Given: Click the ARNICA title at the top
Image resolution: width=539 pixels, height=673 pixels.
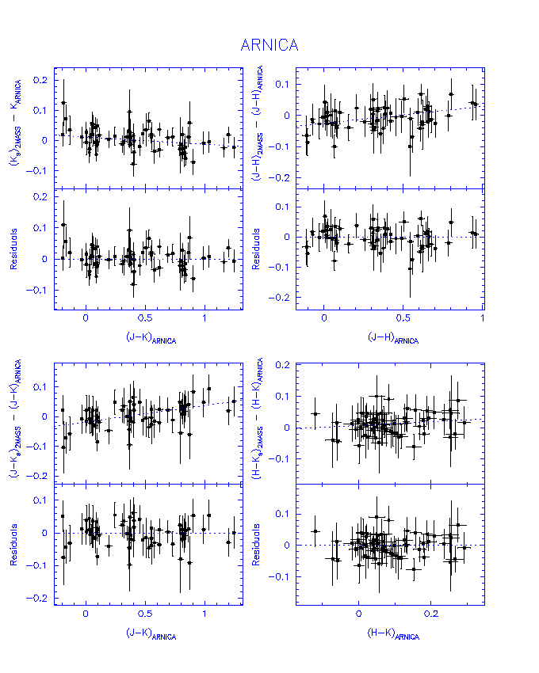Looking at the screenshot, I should (x=269, y=45).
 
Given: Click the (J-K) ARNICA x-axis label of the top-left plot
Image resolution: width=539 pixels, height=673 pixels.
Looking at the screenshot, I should (x=151, y=339).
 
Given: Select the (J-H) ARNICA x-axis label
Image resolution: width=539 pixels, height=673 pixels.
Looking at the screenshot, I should (x=393, y=339).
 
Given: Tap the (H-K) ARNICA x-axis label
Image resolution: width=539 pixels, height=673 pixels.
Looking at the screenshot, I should (x=394, y=634).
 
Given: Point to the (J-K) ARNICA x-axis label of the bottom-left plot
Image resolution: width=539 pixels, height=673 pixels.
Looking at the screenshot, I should (x=151, y=634).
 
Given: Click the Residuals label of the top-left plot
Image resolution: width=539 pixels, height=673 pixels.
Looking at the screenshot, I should (x=15, y=249).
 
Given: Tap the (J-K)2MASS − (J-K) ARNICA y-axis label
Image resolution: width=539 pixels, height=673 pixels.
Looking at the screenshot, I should (x=15, y=424).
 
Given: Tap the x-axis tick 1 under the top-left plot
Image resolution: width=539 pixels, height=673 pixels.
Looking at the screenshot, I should (x=205, y=318).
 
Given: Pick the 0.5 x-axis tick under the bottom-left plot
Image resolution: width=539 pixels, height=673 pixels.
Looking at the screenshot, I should (x=145, y=614).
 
